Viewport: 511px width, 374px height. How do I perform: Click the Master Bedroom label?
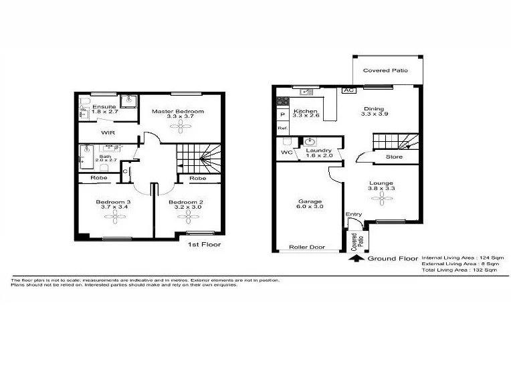pos(177,111)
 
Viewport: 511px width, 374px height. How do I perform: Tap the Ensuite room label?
pos(104,107)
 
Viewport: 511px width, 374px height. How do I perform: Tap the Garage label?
pos(310,201)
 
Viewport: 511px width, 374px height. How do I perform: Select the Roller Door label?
pos(306,248)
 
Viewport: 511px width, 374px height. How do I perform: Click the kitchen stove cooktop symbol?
pos(282,102)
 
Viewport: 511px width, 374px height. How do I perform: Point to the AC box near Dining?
pos(348,90)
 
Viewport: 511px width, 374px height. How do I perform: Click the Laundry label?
pos(318,151)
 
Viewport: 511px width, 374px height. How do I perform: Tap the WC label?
pos(286,152)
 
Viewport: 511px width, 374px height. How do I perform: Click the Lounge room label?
pos(381,183)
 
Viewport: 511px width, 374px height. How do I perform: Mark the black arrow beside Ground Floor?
pos(359,258)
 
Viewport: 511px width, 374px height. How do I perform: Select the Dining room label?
pos(374,109)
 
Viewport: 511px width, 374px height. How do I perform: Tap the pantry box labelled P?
pos(282,114)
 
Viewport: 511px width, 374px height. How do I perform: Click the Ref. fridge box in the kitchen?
pos(282,128)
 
